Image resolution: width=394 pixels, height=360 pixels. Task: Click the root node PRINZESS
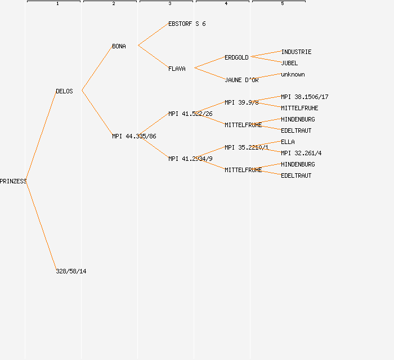[13, 181]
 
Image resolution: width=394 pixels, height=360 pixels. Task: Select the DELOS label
[64, 91]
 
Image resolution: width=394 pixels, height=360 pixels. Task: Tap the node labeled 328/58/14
[71, 271]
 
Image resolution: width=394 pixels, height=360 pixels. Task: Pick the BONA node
[119, 46]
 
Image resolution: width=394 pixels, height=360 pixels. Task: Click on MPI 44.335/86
[134, 136]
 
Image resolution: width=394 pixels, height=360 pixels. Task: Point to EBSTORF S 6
[187, 24]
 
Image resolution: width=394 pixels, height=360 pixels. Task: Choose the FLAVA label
[177, 69]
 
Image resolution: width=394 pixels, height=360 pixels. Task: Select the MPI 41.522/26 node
[190, 114]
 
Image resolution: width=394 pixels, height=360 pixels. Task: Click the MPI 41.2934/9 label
[190, 159]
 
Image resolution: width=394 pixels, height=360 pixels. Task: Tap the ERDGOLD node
[236, 57]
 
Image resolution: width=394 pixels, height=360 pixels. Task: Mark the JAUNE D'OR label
[241, 80]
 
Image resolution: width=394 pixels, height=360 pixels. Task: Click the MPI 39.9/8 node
[241, 102]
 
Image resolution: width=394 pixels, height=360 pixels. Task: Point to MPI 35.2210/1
[247, 147]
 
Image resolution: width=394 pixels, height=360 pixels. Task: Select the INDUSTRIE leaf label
[296, 52]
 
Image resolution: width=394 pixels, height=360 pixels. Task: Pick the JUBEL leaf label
[289, 63]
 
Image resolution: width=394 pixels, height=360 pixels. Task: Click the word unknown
[293, 74]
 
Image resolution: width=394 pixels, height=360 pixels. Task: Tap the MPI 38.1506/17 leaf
[305, 97]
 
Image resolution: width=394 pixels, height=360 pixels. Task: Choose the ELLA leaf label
[288, 142]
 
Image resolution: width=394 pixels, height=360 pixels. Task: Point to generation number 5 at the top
[283, 4]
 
